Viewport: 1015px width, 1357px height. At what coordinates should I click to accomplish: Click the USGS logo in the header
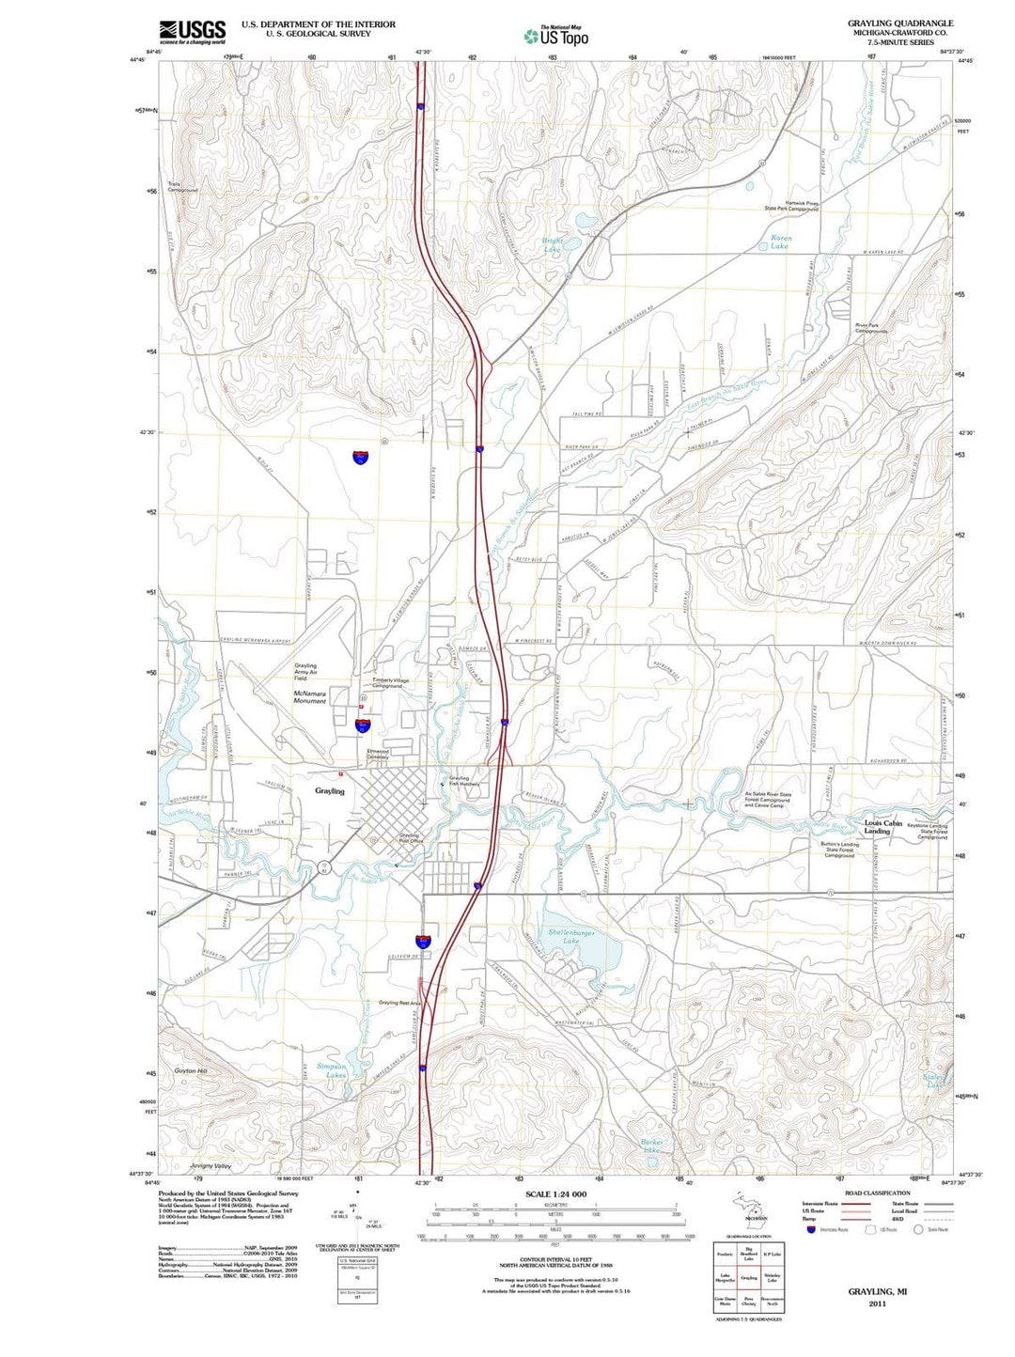tap(192, 33)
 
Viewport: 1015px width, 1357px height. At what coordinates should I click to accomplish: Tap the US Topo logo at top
tap(556, 36)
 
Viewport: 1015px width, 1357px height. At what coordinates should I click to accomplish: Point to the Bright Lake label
tap(552, 246)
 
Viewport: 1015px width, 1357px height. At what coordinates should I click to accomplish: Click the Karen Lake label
tap(780, 242)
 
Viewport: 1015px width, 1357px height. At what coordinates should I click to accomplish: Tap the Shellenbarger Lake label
tap(570, 936)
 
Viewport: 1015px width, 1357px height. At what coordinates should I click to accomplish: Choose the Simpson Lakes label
tap(331, 1070)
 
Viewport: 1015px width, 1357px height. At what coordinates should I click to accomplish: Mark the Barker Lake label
tap(652, 1146)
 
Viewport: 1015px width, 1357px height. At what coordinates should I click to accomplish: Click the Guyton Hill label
tap(190, 1070)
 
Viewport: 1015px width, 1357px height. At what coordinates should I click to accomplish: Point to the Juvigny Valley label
tap(210, 1165)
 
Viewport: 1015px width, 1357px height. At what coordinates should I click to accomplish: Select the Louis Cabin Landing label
tap(882, 827)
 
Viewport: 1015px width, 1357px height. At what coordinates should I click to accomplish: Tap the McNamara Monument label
tap(309, 697)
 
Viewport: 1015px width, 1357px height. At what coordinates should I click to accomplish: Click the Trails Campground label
tap(182, 187)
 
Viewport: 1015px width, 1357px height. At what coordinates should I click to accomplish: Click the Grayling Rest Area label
tap(400, 1003)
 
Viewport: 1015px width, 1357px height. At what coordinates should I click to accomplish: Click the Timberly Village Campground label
tap(390, 683)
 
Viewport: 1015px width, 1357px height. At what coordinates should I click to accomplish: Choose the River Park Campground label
tap(870, 328)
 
